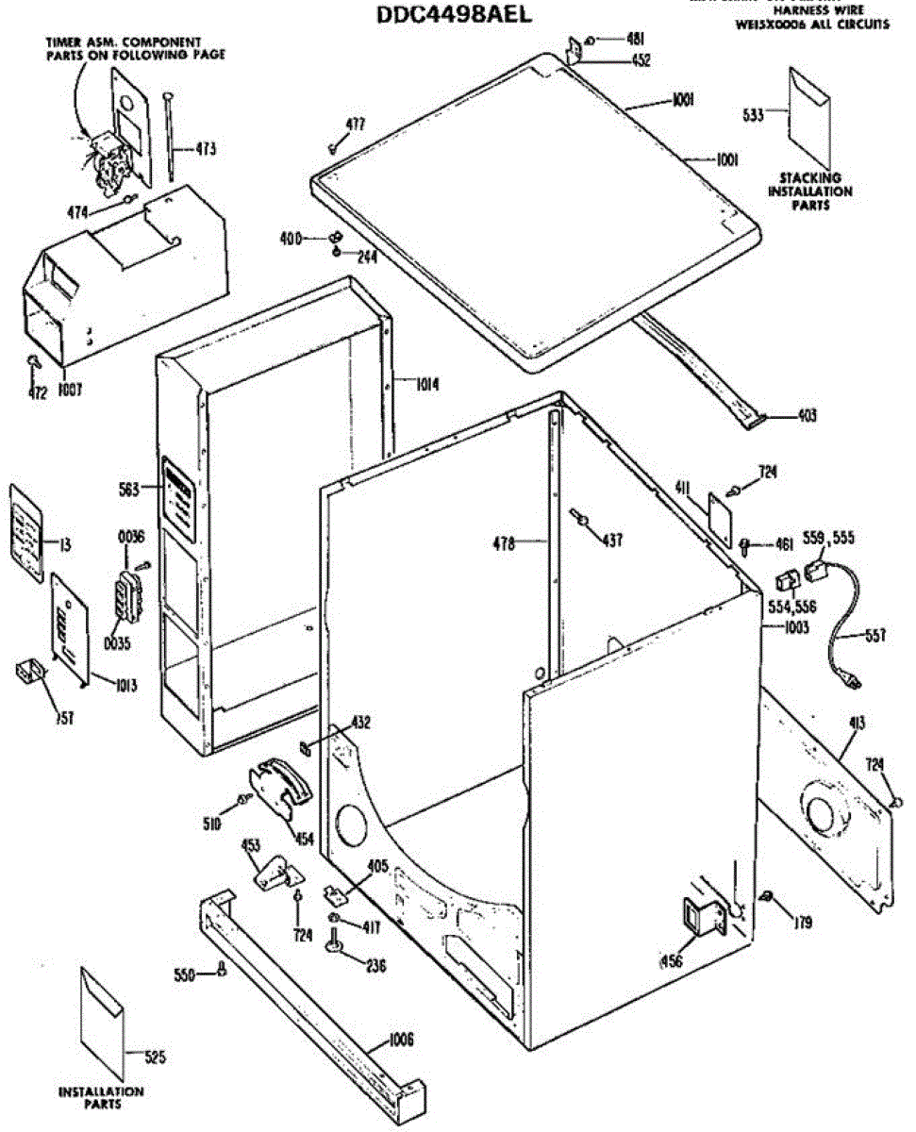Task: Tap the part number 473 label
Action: [205, 148]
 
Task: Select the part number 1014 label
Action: [426, 384]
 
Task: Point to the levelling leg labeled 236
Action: [337, 943]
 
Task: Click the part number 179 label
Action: [803, 923]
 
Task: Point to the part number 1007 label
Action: [68, 388]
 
